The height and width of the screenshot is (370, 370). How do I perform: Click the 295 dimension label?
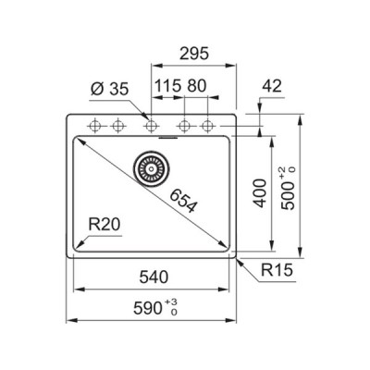click(x=194, y=54)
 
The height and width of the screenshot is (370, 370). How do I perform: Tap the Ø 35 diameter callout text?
click(x=110, y=90)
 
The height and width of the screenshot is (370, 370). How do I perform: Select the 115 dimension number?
click(x=167, y=86)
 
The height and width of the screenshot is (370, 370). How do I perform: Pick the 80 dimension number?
click(x=196, y=86)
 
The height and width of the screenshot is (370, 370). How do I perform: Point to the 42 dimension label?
click(x=272, y=86)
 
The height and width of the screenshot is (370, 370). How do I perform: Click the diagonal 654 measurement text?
click(x=183, y=202)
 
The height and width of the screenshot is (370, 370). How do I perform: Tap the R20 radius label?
click(x=104, y=225)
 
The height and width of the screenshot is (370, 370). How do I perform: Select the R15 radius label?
click(x=277, y=270)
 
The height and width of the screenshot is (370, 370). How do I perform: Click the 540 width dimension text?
click(x=154, y=277)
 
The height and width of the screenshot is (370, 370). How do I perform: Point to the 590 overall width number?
click(x=148, y=308)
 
